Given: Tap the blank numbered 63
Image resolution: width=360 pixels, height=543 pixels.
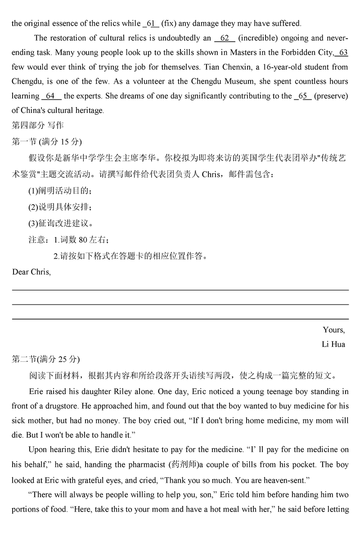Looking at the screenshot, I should [x=342, y=53].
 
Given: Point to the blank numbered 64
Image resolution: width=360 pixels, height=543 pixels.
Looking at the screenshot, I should [x=51, y=96].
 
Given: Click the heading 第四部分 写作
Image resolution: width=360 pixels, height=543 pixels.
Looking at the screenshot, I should [x=37, y=125].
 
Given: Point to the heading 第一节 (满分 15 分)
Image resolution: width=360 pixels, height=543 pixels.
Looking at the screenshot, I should [x=46, y=142].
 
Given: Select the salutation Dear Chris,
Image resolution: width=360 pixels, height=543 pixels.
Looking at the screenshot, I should [x=31, y=272].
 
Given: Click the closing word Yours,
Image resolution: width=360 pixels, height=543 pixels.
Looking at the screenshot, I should [x=333, y=330].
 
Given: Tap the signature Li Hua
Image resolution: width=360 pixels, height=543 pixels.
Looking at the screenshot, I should [x=333, y=345].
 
